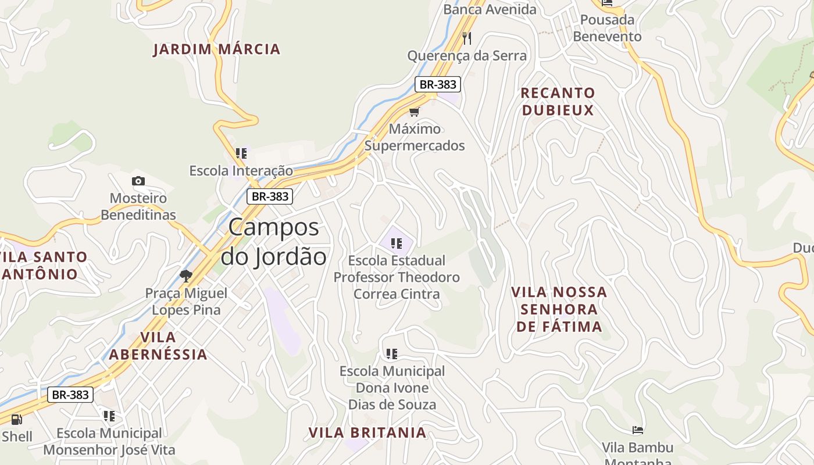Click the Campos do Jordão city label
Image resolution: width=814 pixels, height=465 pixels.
274,241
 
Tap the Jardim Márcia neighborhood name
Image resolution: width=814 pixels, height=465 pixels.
216,49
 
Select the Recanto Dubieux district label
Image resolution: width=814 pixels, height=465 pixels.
558,102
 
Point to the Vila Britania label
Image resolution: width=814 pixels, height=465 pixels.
367,433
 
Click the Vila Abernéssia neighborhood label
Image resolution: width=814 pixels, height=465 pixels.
158,346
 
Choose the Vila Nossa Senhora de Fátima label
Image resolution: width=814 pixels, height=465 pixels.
559,309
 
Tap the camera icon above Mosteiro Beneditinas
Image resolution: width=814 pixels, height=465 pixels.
138,181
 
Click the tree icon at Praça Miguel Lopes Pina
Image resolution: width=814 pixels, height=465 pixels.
186,276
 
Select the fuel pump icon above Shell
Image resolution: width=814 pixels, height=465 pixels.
16,419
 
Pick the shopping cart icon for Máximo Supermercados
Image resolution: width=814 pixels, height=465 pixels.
414,112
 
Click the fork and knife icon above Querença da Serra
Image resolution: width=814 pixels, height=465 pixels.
467,38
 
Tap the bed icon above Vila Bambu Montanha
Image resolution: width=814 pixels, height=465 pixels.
638,430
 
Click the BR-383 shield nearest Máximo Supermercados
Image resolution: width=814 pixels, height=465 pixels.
438,84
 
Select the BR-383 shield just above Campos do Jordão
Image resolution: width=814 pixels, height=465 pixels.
270,196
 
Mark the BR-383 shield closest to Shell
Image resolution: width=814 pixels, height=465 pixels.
70,395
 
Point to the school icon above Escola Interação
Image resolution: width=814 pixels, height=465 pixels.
241,153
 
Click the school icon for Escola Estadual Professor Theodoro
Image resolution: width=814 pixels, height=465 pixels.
397,243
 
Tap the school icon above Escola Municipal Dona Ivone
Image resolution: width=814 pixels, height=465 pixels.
392,353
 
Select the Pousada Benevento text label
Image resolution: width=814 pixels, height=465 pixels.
607,28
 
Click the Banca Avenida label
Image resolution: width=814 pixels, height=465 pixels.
490,9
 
